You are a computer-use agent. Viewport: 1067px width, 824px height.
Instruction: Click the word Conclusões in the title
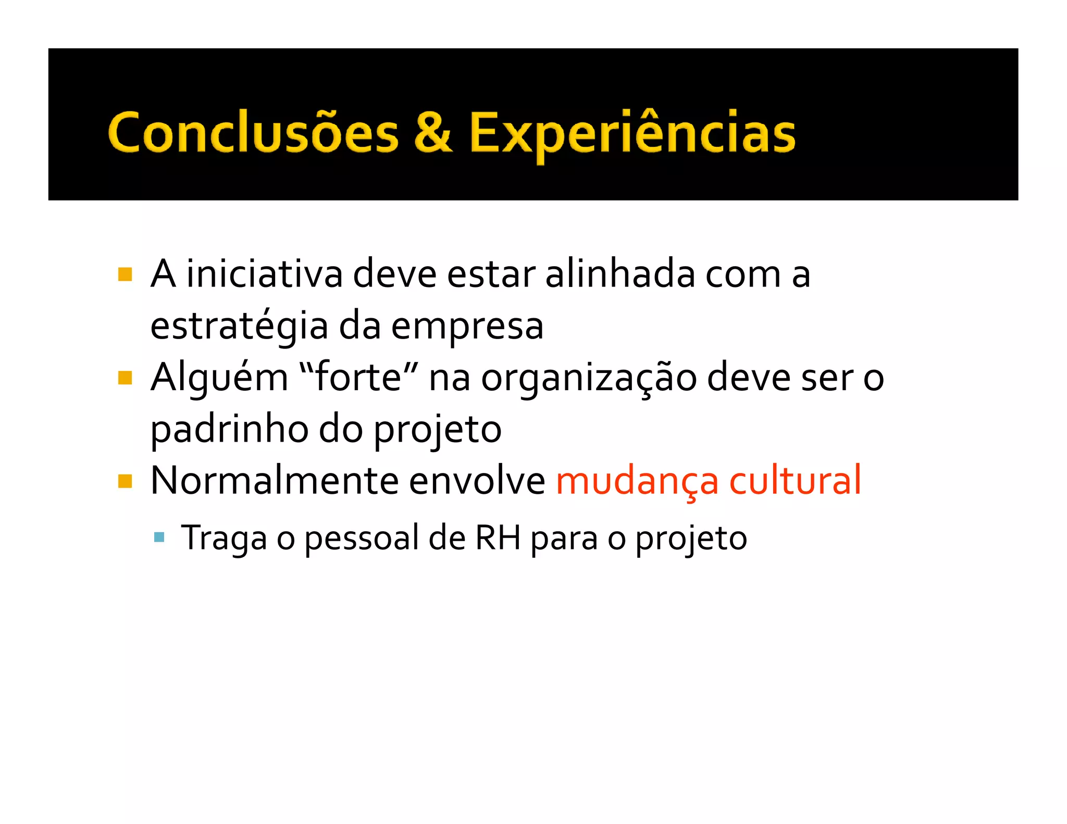[253, 133]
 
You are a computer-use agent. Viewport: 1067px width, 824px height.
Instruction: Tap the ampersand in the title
[433, 132]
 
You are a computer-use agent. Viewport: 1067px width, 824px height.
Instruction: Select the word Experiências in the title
[632, 133]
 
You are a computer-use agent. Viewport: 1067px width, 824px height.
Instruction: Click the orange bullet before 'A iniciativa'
[125, 274]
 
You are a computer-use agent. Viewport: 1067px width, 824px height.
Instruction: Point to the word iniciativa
[264, 274]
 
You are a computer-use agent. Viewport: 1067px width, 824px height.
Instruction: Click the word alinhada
[620, 274]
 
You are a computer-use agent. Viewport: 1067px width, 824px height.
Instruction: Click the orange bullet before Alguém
[125, 378]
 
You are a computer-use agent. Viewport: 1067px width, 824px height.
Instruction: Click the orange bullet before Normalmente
[125, 481]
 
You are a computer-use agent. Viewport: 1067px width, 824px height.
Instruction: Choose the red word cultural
[795, 480]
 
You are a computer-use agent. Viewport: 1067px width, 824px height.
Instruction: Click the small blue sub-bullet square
[159, 537]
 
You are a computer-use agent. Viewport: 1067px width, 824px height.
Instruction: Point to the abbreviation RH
[498, 538]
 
